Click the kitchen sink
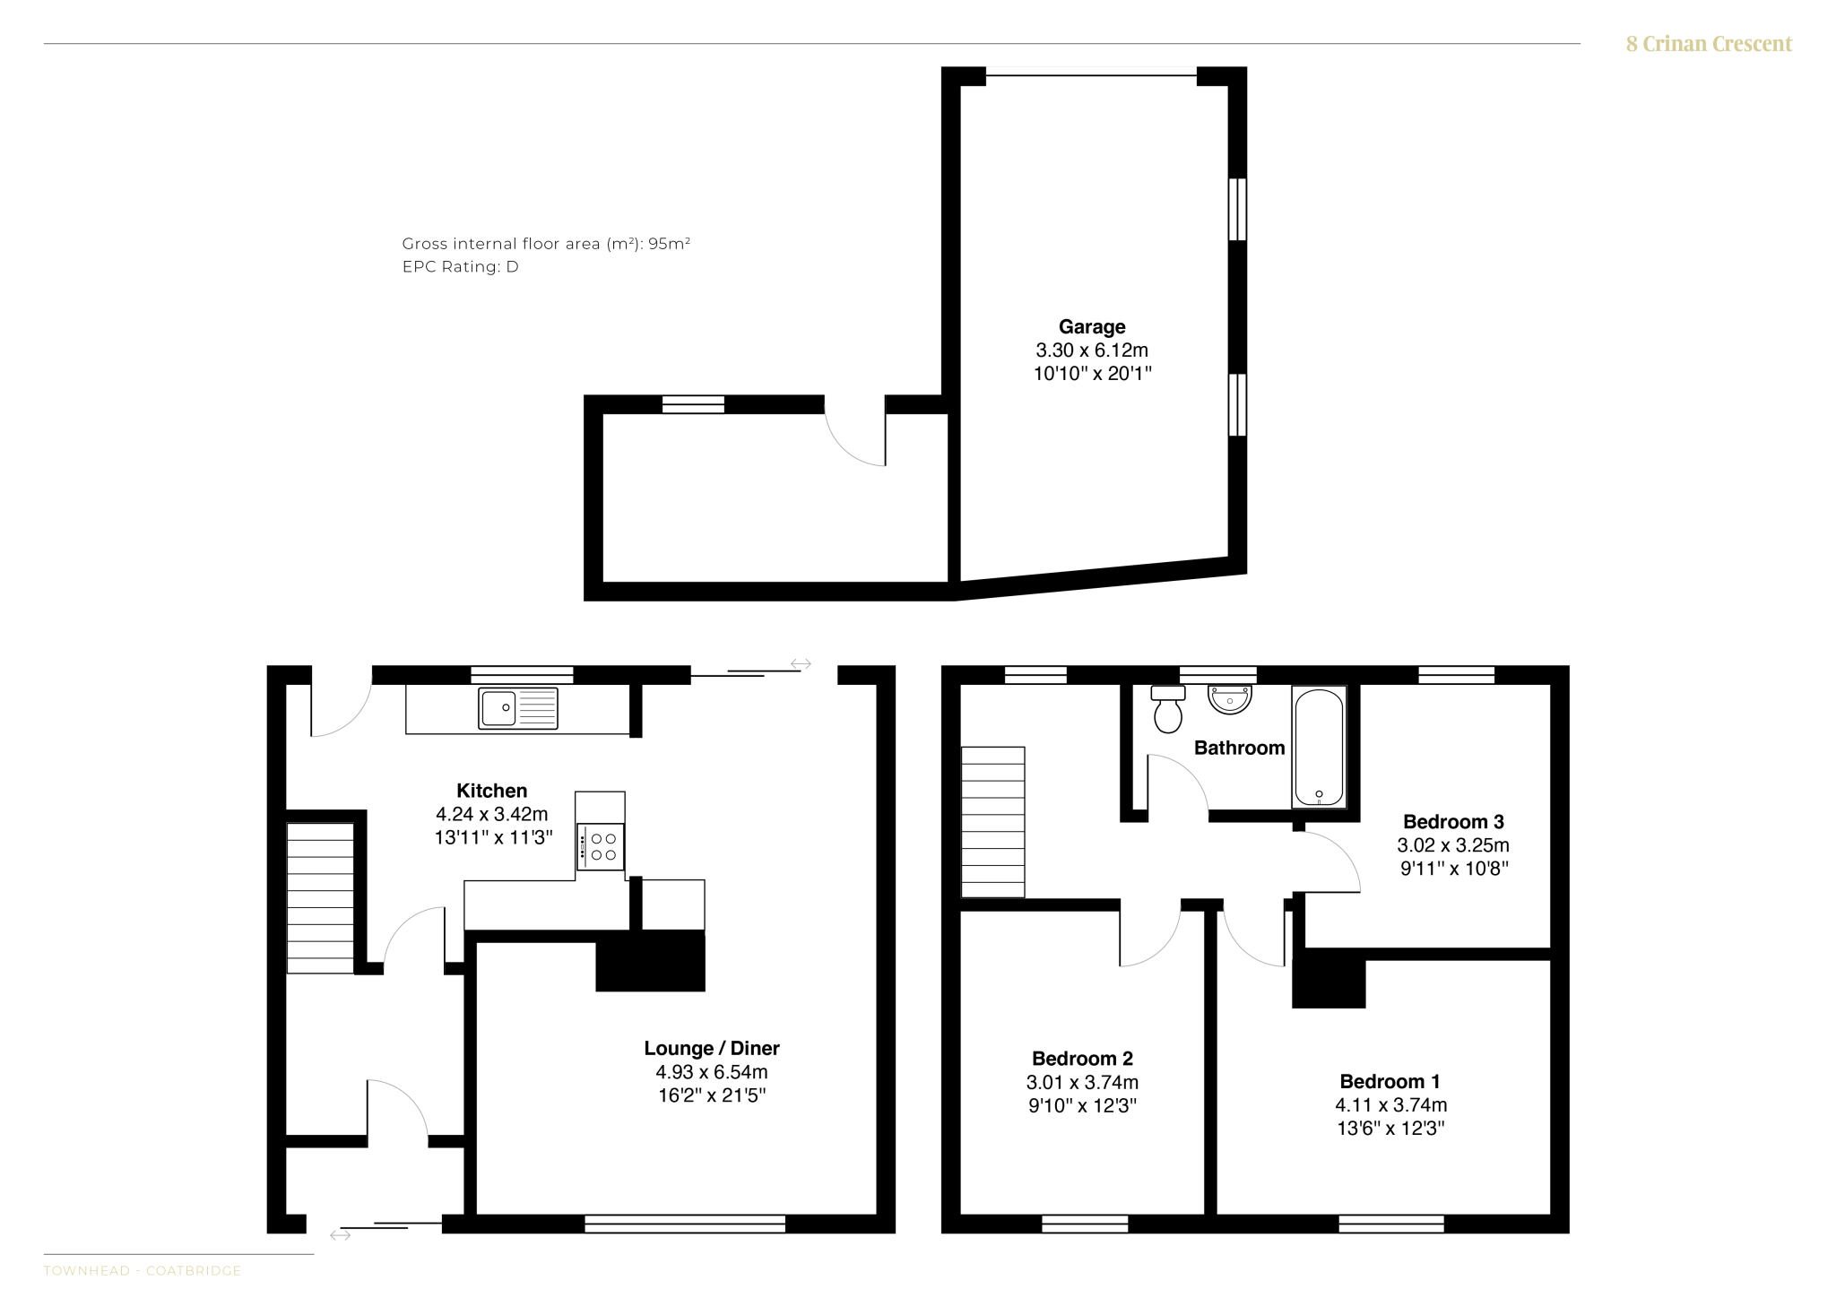pos(518,708)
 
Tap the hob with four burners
pos(601,847)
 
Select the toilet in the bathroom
pos(1168,709)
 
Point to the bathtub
pos(1319,748)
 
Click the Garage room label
pos(1092,327)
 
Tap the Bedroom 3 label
pos(1453,822)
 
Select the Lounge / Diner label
pos(712,1049)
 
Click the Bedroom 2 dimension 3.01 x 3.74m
pos(1083,1083)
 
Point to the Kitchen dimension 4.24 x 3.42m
pos(492,815)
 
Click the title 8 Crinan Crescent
pos(1709,44)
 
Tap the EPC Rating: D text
pos(461,267)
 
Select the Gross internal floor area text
pos(546,244)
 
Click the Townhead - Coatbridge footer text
pos(143,1271)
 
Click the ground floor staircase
pos(320,898)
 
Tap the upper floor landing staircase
pos(993,822)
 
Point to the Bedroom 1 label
pos(1390,1082)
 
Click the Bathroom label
pos(1240,749)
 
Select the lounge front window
pos(685,1224)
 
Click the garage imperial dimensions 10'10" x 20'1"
pos(1092,374)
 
